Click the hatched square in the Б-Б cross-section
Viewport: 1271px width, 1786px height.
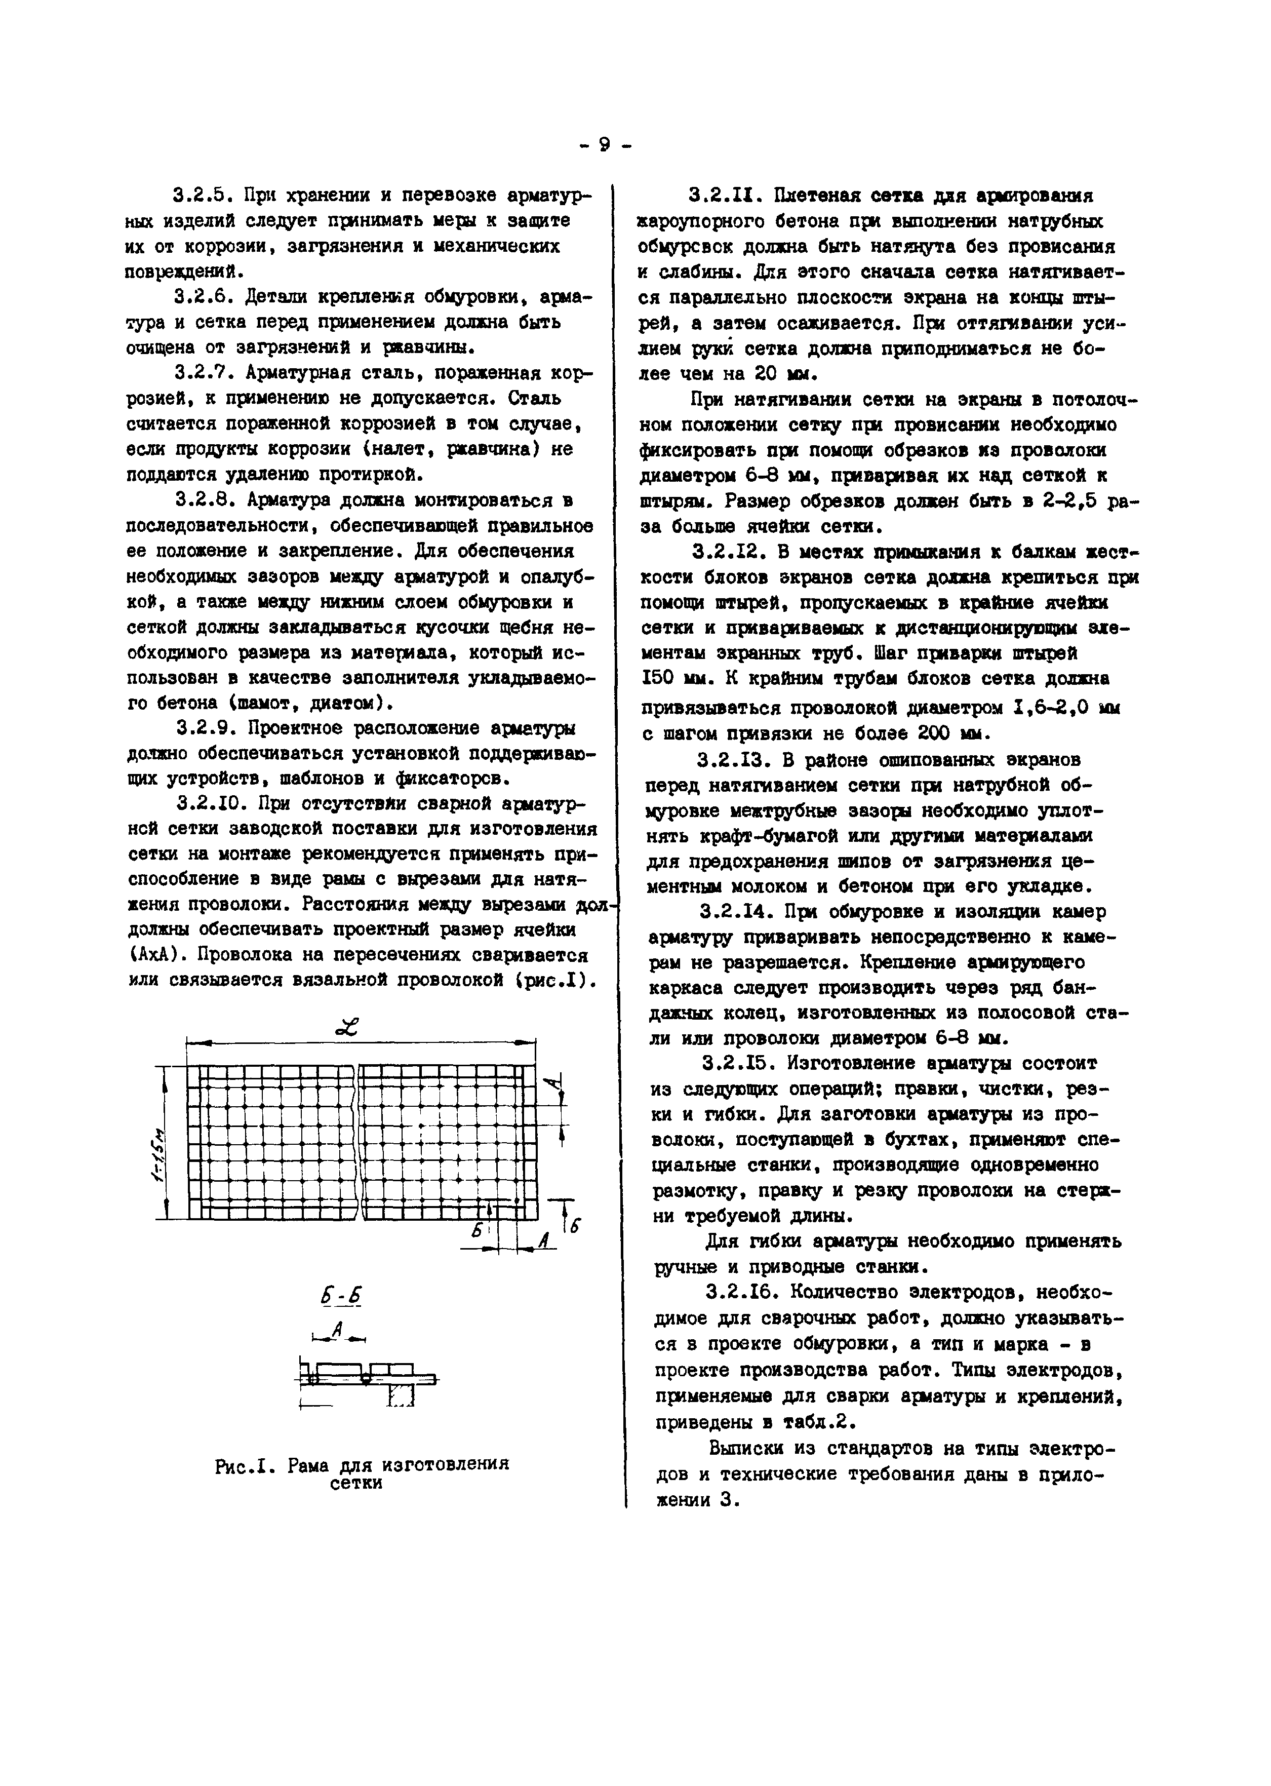pos(401,1395)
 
